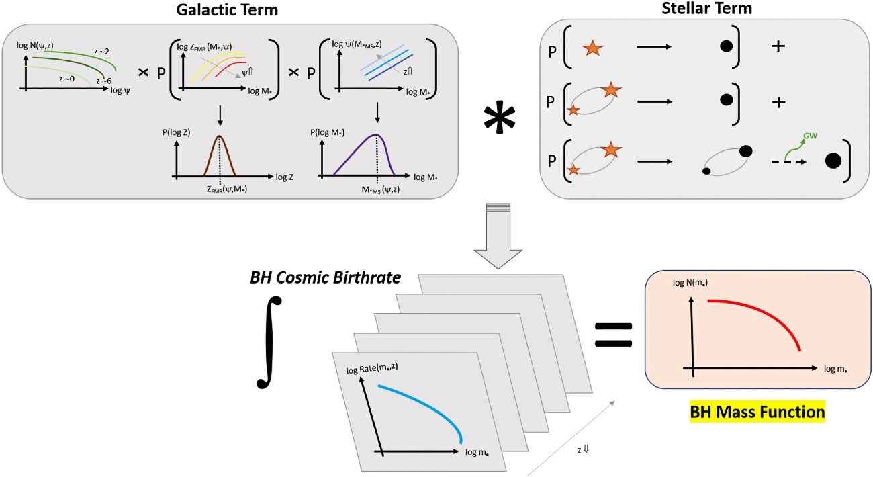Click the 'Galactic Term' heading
click(x=227, y=10)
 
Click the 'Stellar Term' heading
click(x=706, y=8)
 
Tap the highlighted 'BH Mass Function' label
click(x=757, y=412)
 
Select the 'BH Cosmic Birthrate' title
click(x=326, y=277)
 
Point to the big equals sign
click(x=613, y=335)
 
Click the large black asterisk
click(x=500, y=119)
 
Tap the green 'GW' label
click(x=811, y=136)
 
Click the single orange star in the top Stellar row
click(x=592, y=48)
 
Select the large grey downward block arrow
click(x=498, y=236)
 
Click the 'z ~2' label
click(x=101, y=52)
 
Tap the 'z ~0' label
click(x=66, y=79)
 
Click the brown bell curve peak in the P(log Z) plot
click(x=220, y=136)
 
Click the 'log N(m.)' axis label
click(x=690, y=282)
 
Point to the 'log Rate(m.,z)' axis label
click(x=372, y=367)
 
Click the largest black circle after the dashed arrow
click(x=833, y=161)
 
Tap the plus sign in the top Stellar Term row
click(x=778, y=46)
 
